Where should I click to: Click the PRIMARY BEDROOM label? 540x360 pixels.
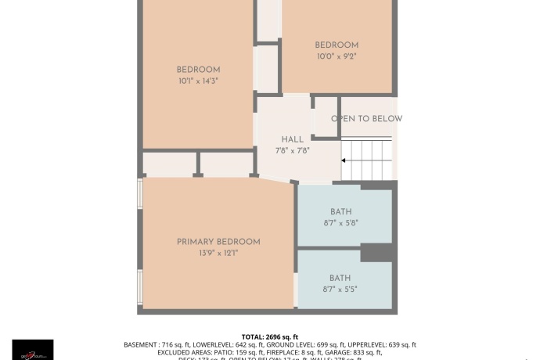[218, 242]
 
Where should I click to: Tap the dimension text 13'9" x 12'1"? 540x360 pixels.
[218, 253]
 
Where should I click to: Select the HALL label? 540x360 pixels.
[292, 140]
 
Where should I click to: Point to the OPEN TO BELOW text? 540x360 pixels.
[366, 119]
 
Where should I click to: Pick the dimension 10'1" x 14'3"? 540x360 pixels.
[198, 81]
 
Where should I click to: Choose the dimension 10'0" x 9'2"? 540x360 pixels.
[337, 56]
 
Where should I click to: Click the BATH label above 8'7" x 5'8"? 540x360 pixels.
[340, 212]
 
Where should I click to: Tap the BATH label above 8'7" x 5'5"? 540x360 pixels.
[340, 278]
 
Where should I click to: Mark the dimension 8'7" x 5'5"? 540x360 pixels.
[340, 289]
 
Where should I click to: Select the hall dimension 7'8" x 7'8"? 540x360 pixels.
[292, 150]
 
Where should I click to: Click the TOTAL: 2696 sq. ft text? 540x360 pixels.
[270, 336]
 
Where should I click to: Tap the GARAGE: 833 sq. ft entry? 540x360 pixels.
[358, 353]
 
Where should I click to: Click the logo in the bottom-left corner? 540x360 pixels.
[33, 350]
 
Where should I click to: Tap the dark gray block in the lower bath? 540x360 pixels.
[376, 253]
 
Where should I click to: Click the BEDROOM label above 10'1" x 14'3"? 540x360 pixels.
[198, 70]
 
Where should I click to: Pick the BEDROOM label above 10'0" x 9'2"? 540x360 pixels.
[337, 45]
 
